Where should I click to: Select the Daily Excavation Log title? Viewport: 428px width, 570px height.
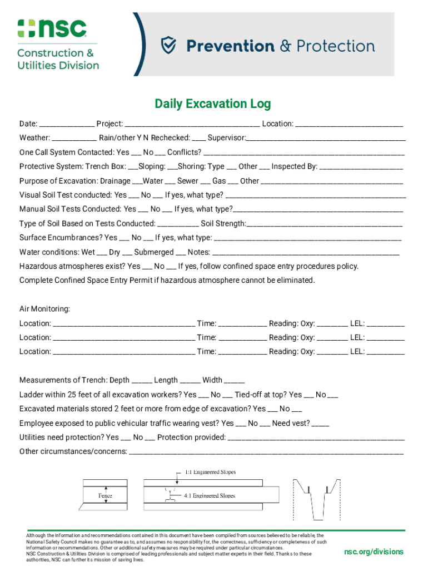[x=213, y=104]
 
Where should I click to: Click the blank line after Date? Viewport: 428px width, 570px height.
[x=67, y=124]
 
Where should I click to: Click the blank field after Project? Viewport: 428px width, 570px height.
[x=192, y=124]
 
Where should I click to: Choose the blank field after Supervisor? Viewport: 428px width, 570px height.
[x=326, y=138]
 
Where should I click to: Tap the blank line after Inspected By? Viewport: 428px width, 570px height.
[x=361, y=167]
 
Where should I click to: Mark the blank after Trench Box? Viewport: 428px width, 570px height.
[x=133, y=167]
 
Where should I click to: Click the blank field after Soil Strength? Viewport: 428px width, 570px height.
[x=325, y=224]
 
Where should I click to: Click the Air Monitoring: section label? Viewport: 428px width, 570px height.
[x=45, y=309]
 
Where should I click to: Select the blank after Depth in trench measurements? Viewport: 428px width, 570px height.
[x=142, y=381]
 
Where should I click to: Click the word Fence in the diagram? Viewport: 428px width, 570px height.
[x=105, y=495]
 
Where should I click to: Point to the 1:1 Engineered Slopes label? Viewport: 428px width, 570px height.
[x=210, y=472]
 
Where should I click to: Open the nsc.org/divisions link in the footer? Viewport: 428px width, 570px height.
[x=374, y=552]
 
